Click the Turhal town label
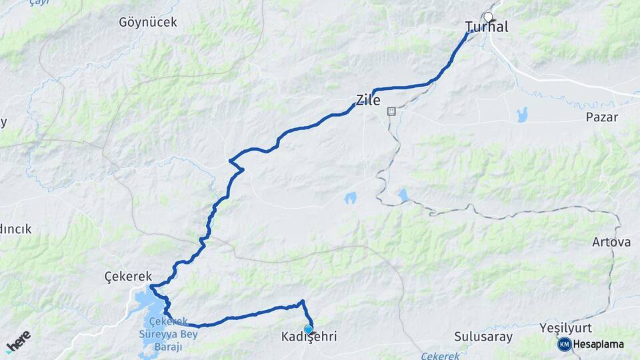click(486, 27)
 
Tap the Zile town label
click(368, 101)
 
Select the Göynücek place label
click(148, 22)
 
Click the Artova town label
click(611, 242)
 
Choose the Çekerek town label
click(128, 276)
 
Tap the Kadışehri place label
click(309, 337)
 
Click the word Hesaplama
click(599, 345)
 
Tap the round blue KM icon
click(564, 345)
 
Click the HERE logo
click(18, 342)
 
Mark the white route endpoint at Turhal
click(488, 17)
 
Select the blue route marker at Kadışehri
click(308, 329)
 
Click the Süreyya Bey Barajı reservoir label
click(175, 335)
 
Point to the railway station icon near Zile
click(391, 111)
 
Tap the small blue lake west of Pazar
click(521, 114)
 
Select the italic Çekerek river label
click(440, 356)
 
